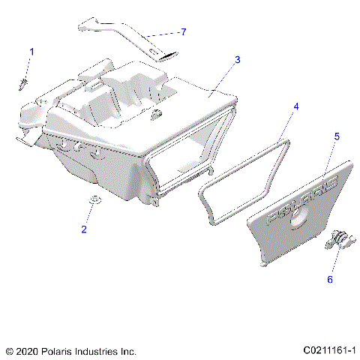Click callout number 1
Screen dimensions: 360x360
pos(31,51)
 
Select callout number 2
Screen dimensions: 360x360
pos(85,229)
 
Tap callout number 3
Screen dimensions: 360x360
pos(237,59)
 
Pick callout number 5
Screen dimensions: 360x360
pos(337,136)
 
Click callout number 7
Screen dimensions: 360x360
pos(182,32)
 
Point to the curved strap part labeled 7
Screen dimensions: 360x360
pos(127,37)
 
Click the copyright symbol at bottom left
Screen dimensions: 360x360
pos(10,350)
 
